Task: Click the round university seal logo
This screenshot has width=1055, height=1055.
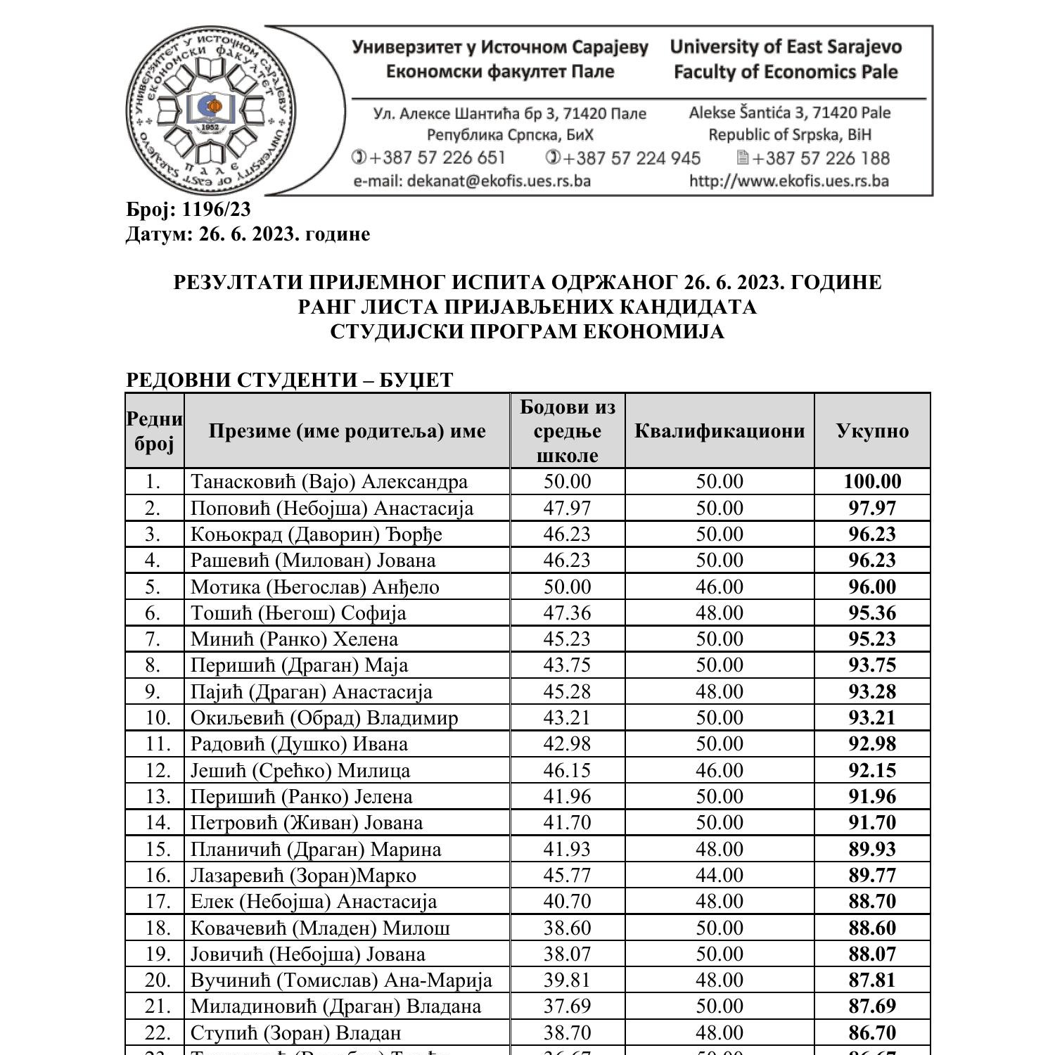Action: (212, 110)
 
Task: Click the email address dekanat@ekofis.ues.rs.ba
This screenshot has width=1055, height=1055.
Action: (471, 181)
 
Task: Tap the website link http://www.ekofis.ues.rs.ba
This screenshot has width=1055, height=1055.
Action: (788, 181)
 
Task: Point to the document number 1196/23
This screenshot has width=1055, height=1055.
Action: (216, 210)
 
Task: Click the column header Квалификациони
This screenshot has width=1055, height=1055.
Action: (719, 430)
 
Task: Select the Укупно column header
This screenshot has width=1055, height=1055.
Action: (872, 430)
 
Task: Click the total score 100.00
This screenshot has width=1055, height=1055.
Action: (872, 482)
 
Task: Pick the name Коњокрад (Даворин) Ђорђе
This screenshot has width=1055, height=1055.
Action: (316, 535)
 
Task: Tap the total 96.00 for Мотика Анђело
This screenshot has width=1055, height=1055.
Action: (872, 587)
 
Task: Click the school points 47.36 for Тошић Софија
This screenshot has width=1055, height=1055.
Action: (567, 613)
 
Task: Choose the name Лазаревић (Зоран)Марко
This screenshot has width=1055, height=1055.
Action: (303, 876)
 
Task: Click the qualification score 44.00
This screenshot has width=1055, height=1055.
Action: (719, 876)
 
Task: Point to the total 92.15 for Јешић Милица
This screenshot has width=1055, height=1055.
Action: (872, 770)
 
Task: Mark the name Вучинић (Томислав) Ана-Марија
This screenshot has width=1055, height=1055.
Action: (341, 980)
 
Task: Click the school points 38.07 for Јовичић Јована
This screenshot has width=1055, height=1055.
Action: (567, 954)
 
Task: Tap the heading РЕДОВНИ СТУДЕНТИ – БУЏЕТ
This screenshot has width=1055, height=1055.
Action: (289, 380)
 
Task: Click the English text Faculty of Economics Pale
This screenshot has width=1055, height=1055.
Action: (785, 72)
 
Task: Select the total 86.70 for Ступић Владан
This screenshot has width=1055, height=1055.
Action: (872, 1032)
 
